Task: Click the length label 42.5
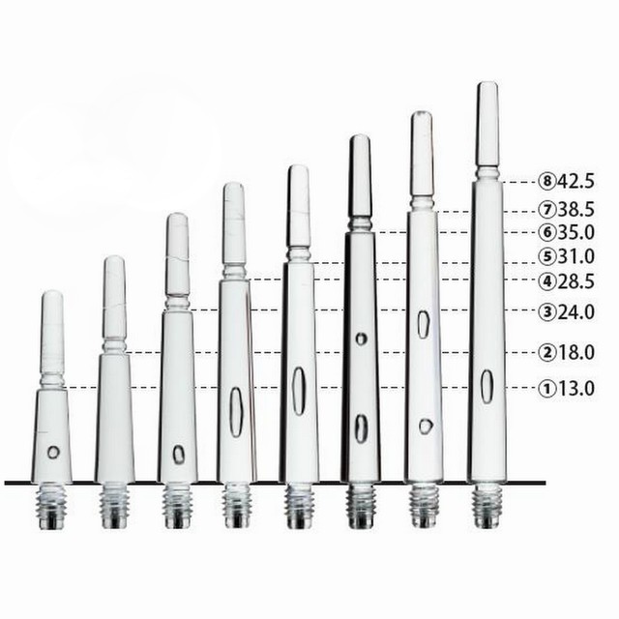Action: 575,182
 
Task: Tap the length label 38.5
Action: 575,210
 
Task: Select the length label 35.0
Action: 575,232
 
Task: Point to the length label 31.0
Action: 575,257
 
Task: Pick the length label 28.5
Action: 575,281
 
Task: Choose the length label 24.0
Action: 575,312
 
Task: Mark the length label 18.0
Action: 575,352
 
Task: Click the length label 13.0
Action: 575,389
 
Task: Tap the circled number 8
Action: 547,182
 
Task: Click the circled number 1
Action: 547,389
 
